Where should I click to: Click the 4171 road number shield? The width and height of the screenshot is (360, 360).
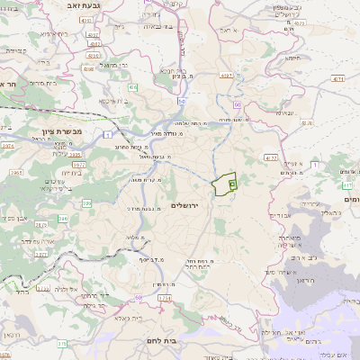337,80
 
